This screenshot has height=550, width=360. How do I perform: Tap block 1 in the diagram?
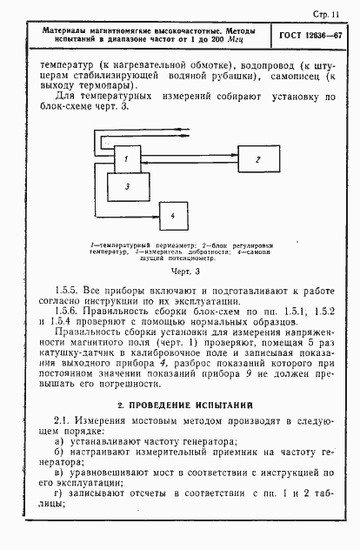coord(126,159)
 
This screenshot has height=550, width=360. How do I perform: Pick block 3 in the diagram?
coord(128,185)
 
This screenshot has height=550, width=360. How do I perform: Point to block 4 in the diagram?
coord(171,215)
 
